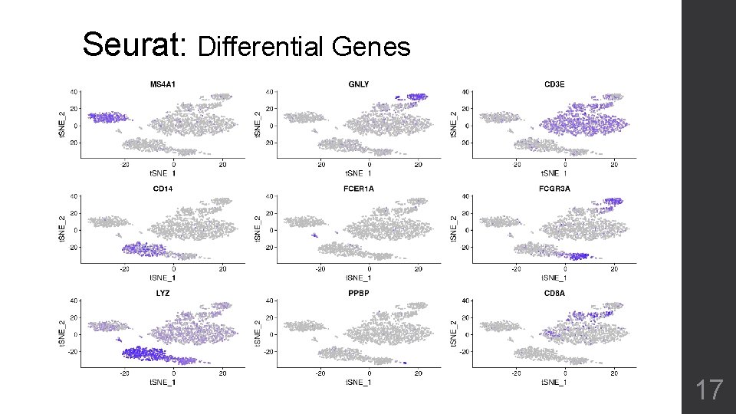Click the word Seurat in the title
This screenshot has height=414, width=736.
tap(134, 44)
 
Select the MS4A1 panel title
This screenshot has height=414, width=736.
tap(162, 84)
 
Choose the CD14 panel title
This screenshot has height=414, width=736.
tap(162, 188)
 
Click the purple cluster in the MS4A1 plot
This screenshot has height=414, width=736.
tap(105, 117)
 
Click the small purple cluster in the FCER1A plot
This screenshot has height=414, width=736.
tap(314, 236)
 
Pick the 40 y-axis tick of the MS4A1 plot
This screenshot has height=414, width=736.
tap(73, 91)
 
